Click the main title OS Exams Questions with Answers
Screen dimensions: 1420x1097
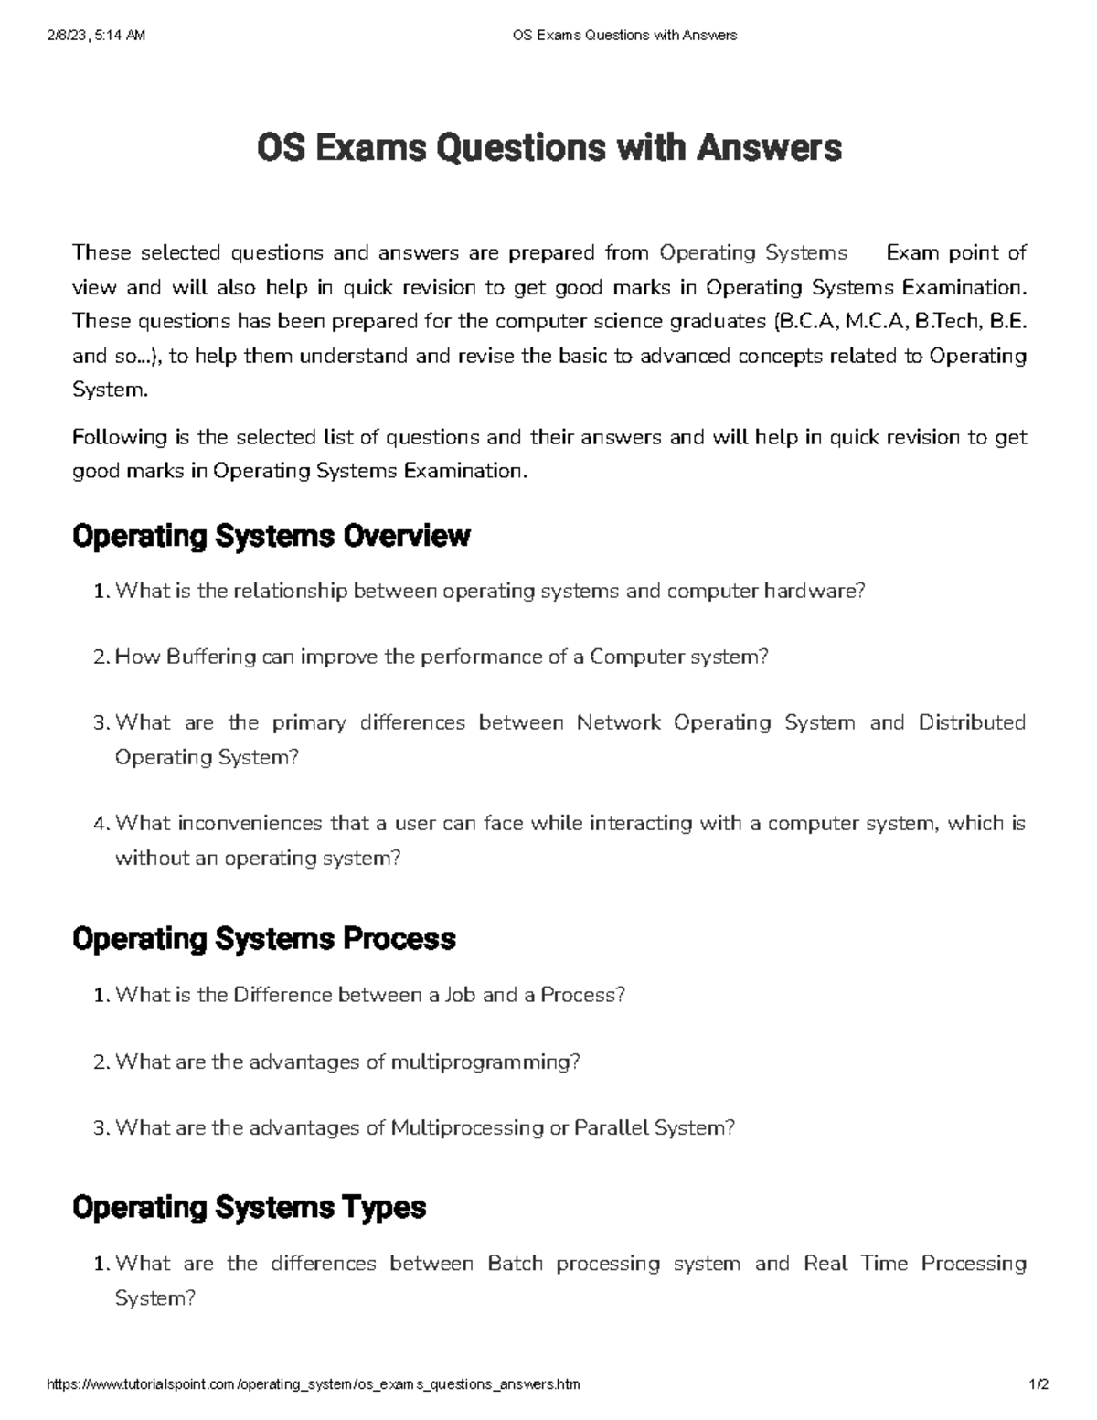pyautogui.click(x=548, y=147)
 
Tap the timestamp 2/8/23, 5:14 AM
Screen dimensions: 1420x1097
pyautogui.click(x=94, y=36)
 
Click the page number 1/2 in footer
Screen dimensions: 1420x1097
pyautogui.click(x=1038, y=1384)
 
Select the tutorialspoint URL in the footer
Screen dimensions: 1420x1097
pyautogui.click(x=313, y=1384)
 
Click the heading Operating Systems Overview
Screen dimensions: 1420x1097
pyautogui.click(x=271, y=536)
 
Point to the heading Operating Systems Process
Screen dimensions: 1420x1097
pyautogui.click(x=263, y=939)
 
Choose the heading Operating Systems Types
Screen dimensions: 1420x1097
pyautogui.click(x=249, y=1208)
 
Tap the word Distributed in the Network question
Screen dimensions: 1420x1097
pyautogui.click(x=972, y=723)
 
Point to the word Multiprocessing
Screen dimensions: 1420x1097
pyautogui.click(x=466, y=1128)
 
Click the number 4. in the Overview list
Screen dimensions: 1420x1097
pyautogui.click(x=101, y=824)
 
